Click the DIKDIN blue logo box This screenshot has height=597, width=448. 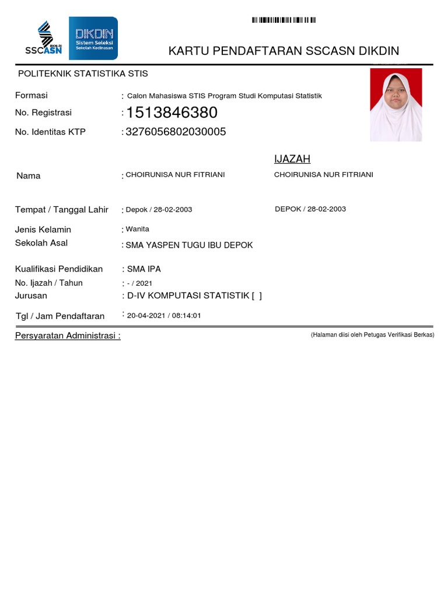point(93,38)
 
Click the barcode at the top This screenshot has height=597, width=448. point(283,20)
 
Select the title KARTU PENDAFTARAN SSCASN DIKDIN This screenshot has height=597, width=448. point(283,51)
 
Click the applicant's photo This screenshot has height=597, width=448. point(396,105)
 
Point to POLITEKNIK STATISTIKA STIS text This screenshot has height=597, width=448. point(83,73)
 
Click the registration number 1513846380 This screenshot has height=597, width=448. point(171,113)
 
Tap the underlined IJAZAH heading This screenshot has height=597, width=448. point(292,159)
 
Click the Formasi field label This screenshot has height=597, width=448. point(32,95)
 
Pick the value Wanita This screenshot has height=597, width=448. point(138,229)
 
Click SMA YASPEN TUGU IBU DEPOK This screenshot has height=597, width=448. point(190,245)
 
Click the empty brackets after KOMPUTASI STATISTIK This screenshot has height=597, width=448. point(257,296)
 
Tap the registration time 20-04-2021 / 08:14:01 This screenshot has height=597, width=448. point(164,315)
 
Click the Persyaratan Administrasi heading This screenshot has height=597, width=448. point(68,336)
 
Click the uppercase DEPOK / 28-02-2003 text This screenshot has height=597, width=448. point(310,209)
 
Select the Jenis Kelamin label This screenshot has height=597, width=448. point(43,230)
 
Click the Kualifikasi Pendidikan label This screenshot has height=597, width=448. point(59,269)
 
